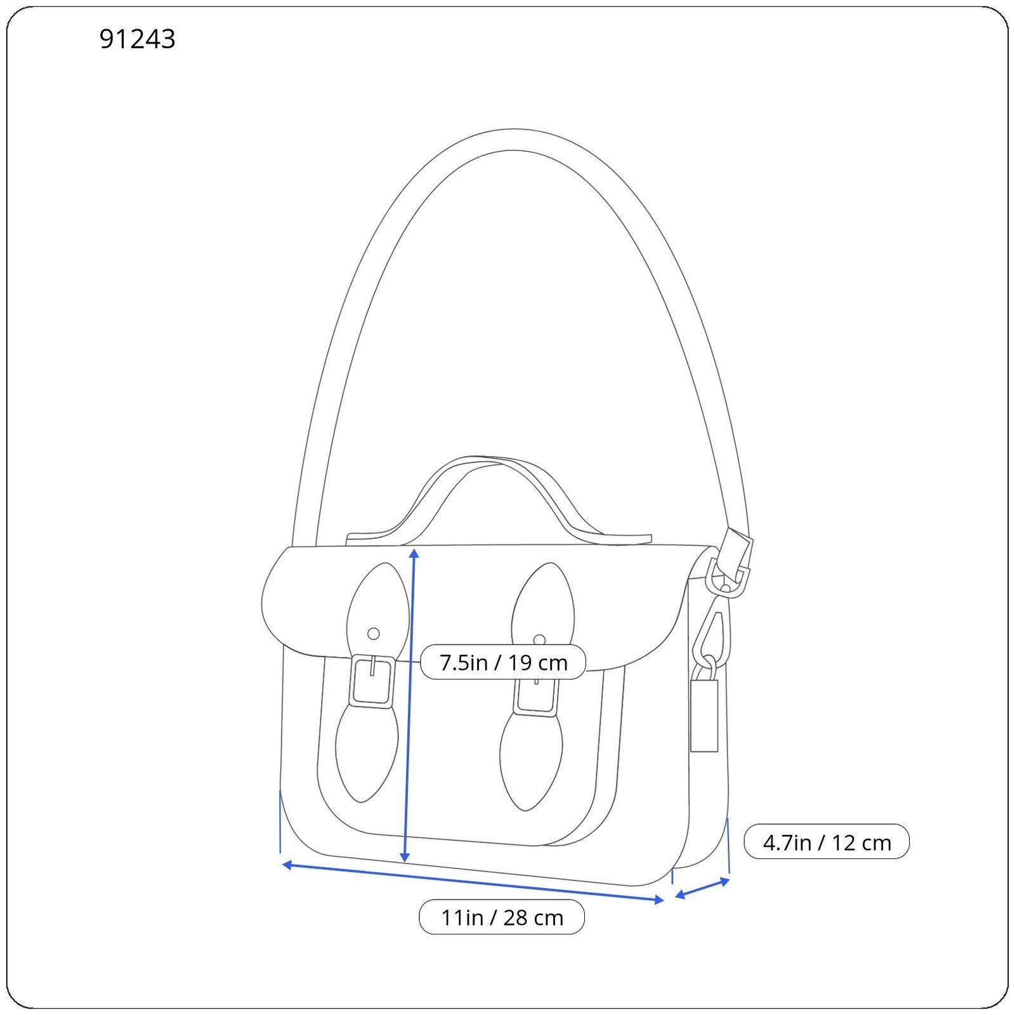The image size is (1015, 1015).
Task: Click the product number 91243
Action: tap(137, 39)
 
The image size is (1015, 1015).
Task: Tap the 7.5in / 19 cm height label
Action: tap(503, 662)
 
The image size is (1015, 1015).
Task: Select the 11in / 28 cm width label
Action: tap(502, 917)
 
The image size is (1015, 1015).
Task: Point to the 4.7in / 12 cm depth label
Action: tap(827, 842)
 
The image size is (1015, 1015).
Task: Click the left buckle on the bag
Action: tap(372, 680)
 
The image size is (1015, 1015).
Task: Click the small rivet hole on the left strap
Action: tap(374, 633)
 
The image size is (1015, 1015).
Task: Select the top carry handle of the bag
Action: tap(498, 501)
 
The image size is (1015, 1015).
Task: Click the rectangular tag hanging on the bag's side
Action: tap(704, 716)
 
